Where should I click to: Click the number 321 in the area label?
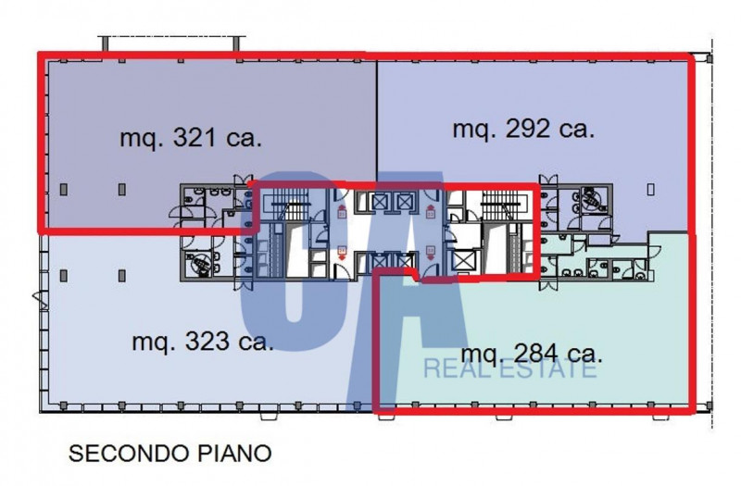(x=195, y=138)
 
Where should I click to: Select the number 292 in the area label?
(x=527, y=129)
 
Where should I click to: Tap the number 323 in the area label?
(x=207, y=341)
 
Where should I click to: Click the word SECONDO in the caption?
(x=129, y=454)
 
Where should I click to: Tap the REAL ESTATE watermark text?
(x=509, y=368)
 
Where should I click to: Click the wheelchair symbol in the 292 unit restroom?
(x=593, y=199)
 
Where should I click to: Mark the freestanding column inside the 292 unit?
(x=651, y=190)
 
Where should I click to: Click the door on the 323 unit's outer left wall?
(x=40, y=299)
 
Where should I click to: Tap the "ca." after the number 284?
(x=585, y=355)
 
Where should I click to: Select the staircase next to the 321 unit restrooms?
(x=288, y=205)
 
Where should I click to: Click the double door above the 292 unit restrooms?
(x=548, y=180)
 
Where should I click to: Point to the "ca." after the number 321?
(x=244, y=139)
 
